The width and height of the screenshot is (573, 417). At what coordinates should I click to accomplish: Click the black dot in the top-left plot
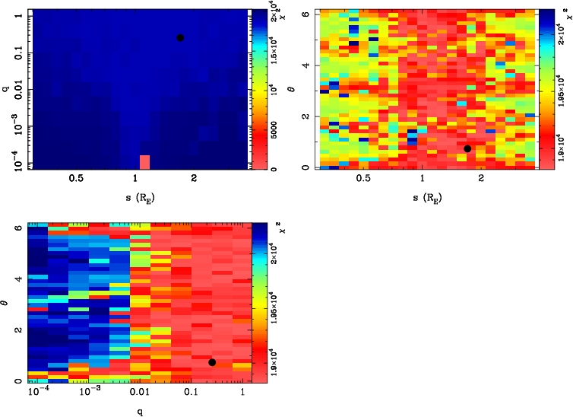click(180, 38)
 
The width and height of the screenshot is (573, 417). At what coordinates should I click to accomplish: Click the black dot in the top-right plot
click(467, 148)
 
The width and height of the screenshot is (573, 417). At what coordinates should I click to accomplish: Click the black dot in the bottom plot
click(212, 362)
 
